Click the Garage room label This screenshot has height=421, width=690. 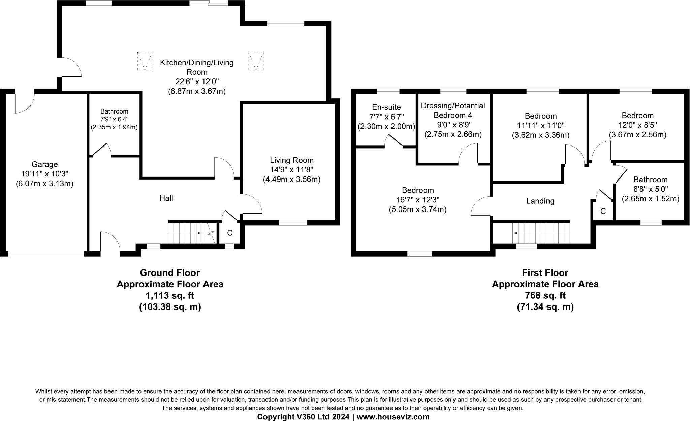pos(44,164)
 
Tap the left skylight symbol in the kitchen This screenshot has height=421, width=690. pos(145,61)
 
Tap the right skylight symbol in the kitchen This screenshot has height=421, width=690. pos(256,61)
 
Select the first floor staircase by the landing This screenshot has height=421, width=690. pos(541,233)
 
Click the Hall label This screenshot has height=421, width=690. pos(166,198)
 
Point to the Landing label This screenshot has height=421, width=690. pos(540,201)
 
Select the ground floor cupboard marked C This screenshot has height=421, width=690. pos(230,233)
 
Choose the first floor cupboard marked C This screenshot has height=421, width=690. pos(603,211)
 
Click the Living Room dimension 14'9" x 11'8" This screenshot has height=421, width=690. pos(291,170)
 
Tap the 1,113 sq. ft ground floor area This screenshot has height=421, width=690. pos(170,295)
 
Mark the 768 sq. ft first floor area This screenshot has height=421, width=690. pos(545,295)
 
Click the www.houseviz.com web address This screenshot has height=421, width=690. pos(393,417)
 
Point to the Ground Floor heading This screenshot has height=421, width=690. pos(170,272)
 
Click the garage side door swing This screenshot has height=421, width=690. pos(24,103)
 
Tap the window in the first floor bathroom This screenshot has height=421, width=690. pos(651,222)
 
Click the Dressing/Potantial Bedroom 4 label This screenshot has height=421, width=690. pos(453,110)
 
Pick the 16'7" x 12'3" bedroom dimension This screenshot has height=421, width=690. pos(418,200)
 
